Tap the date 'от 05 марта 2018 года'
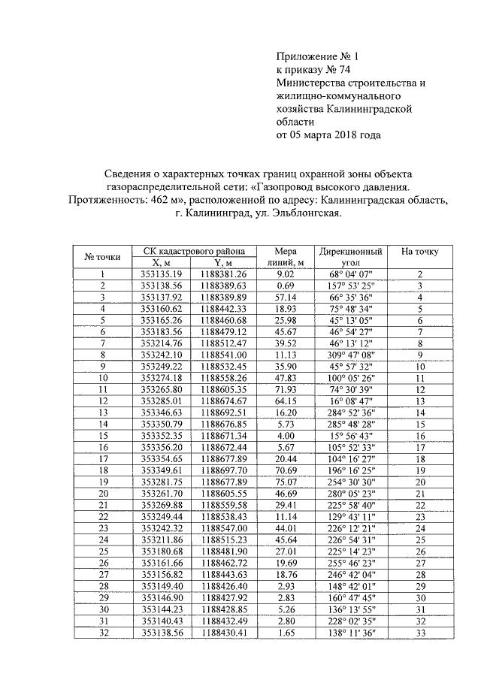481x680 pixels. [x=328, y=135]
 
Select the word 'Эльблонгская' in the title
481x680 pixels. [x=309, y=213]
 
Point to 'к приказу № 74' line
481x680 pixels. [x=309, y=70]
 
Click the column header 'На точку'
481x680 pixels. [x=420, y=251]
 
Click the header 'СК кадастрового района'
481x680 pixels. [x=190, y=251]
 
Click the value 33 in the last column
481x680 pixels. [x=420, y=634]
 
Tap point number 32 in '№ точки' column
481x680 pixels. [x=102, y=634]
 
